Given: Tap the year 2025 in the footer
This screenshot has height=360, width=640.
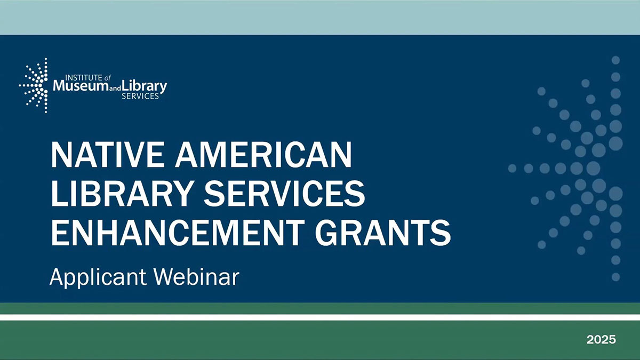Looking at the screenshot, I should click(601, 339).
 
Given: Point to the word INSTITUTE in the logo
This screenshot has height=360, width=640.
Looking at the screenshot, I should click(73, 77).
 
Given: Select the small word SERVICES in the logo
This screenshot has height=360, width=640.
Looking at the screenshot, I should click(140, 97).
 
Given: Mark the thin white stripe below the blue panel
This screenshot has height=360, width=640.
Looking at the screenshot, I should click(320, 317).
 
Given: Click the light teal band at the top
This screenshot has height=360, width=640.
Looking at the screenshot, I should click(320, 18).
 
